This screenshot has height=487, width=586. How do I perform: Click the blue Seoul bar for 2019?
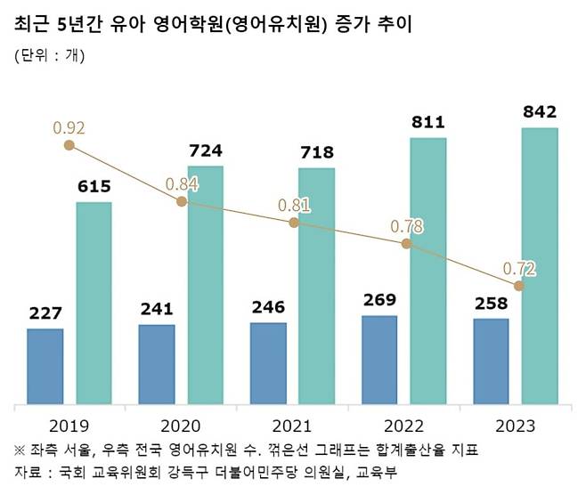click(x=45, y=365)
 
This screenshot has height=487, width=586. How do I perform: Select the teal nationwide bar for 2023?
click(x=539, y=264)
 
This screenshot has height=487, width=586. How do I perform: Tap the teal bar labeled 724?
click(x=205, y=283)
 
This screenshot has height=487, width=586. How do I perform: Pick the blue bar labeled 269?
click(x=379, y=358)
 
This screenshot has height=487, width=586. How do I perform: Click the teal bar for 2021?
click(x=316, y=285)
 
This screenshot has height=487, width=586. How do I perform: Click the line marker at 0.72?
click(x=519, y=286)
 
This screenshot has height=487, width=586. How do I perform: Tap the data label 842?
click(x=539, y=112)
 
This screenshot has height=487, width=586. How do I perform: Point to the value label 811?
click(x=427, y=122)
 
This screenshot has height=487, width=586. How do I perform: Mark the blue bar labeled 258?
click(x=491, y=361)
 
